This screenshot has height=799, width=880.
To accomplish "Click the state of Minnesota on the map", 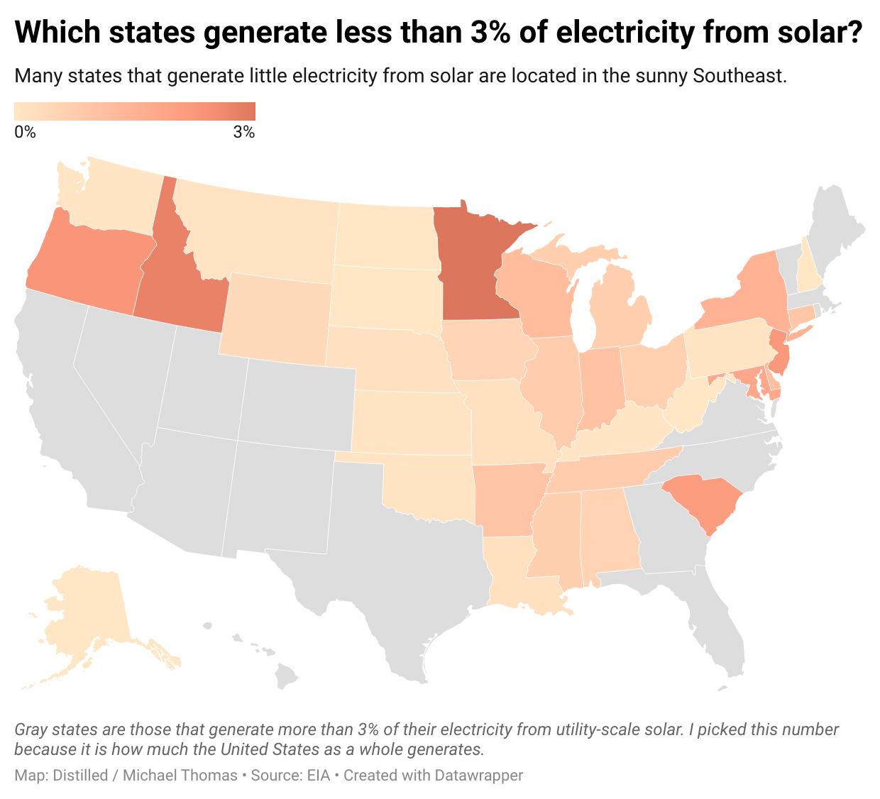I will click(x=472, y=270).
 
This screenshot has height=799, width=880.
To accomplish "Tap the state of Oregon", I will click(x=85, y=263).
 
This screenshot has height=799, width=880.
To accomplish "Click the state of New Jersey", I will click(x=780, y=354).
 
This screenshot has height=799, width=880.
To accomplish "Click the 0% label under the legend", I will click(x=25, y=132).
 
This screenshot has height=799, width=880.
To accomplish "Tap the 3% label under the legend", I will click(x=243, y=132).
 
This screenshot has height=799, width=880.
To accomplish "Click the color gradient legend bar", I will click(x=135, y=111).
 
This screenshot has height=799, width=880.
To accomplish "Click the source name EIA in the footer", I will click(x=318, y=776).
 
